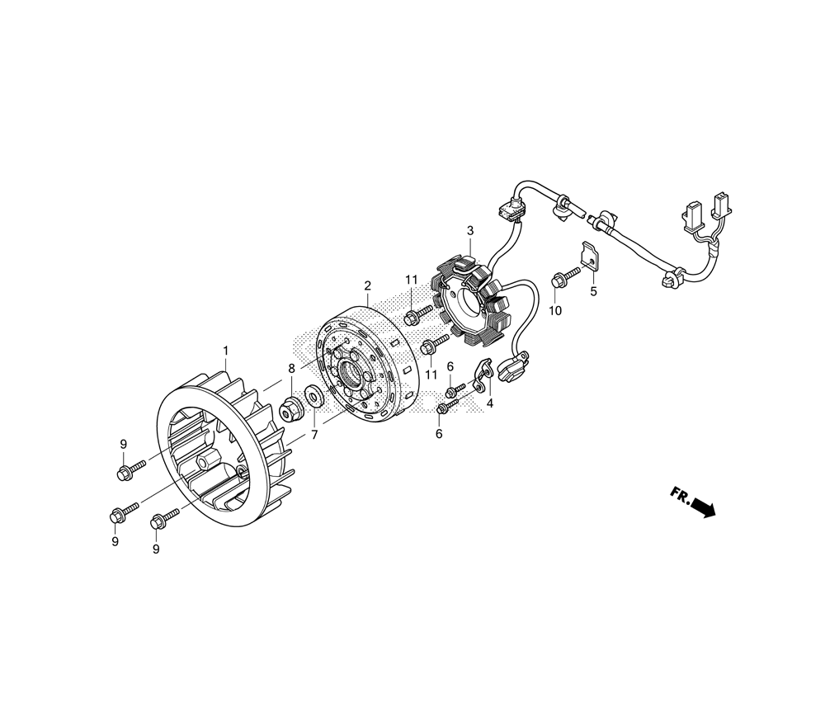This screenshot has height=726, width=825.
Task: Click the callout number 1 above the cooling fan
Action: click(226, 351)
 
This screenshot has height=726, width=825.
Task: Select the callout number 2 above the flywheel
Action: click(367, 285)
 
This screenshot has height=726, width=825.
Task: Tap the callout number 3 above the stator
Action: click(470, 230)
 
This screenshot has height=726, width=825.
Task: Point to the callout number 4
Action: click(490, 404)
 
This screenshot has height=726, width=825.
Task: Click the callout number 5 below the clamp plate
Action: click(593, 291)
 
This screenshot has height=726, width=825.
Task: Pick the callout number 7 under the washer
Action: click(314, 435)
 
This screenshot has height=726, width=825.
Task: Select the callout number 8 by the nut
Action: click(291, 369)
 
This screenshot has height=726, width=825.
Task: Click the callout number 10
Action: click(555, 311)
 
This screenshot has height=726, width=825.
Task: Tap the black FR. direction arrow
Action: click(703, 507)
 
